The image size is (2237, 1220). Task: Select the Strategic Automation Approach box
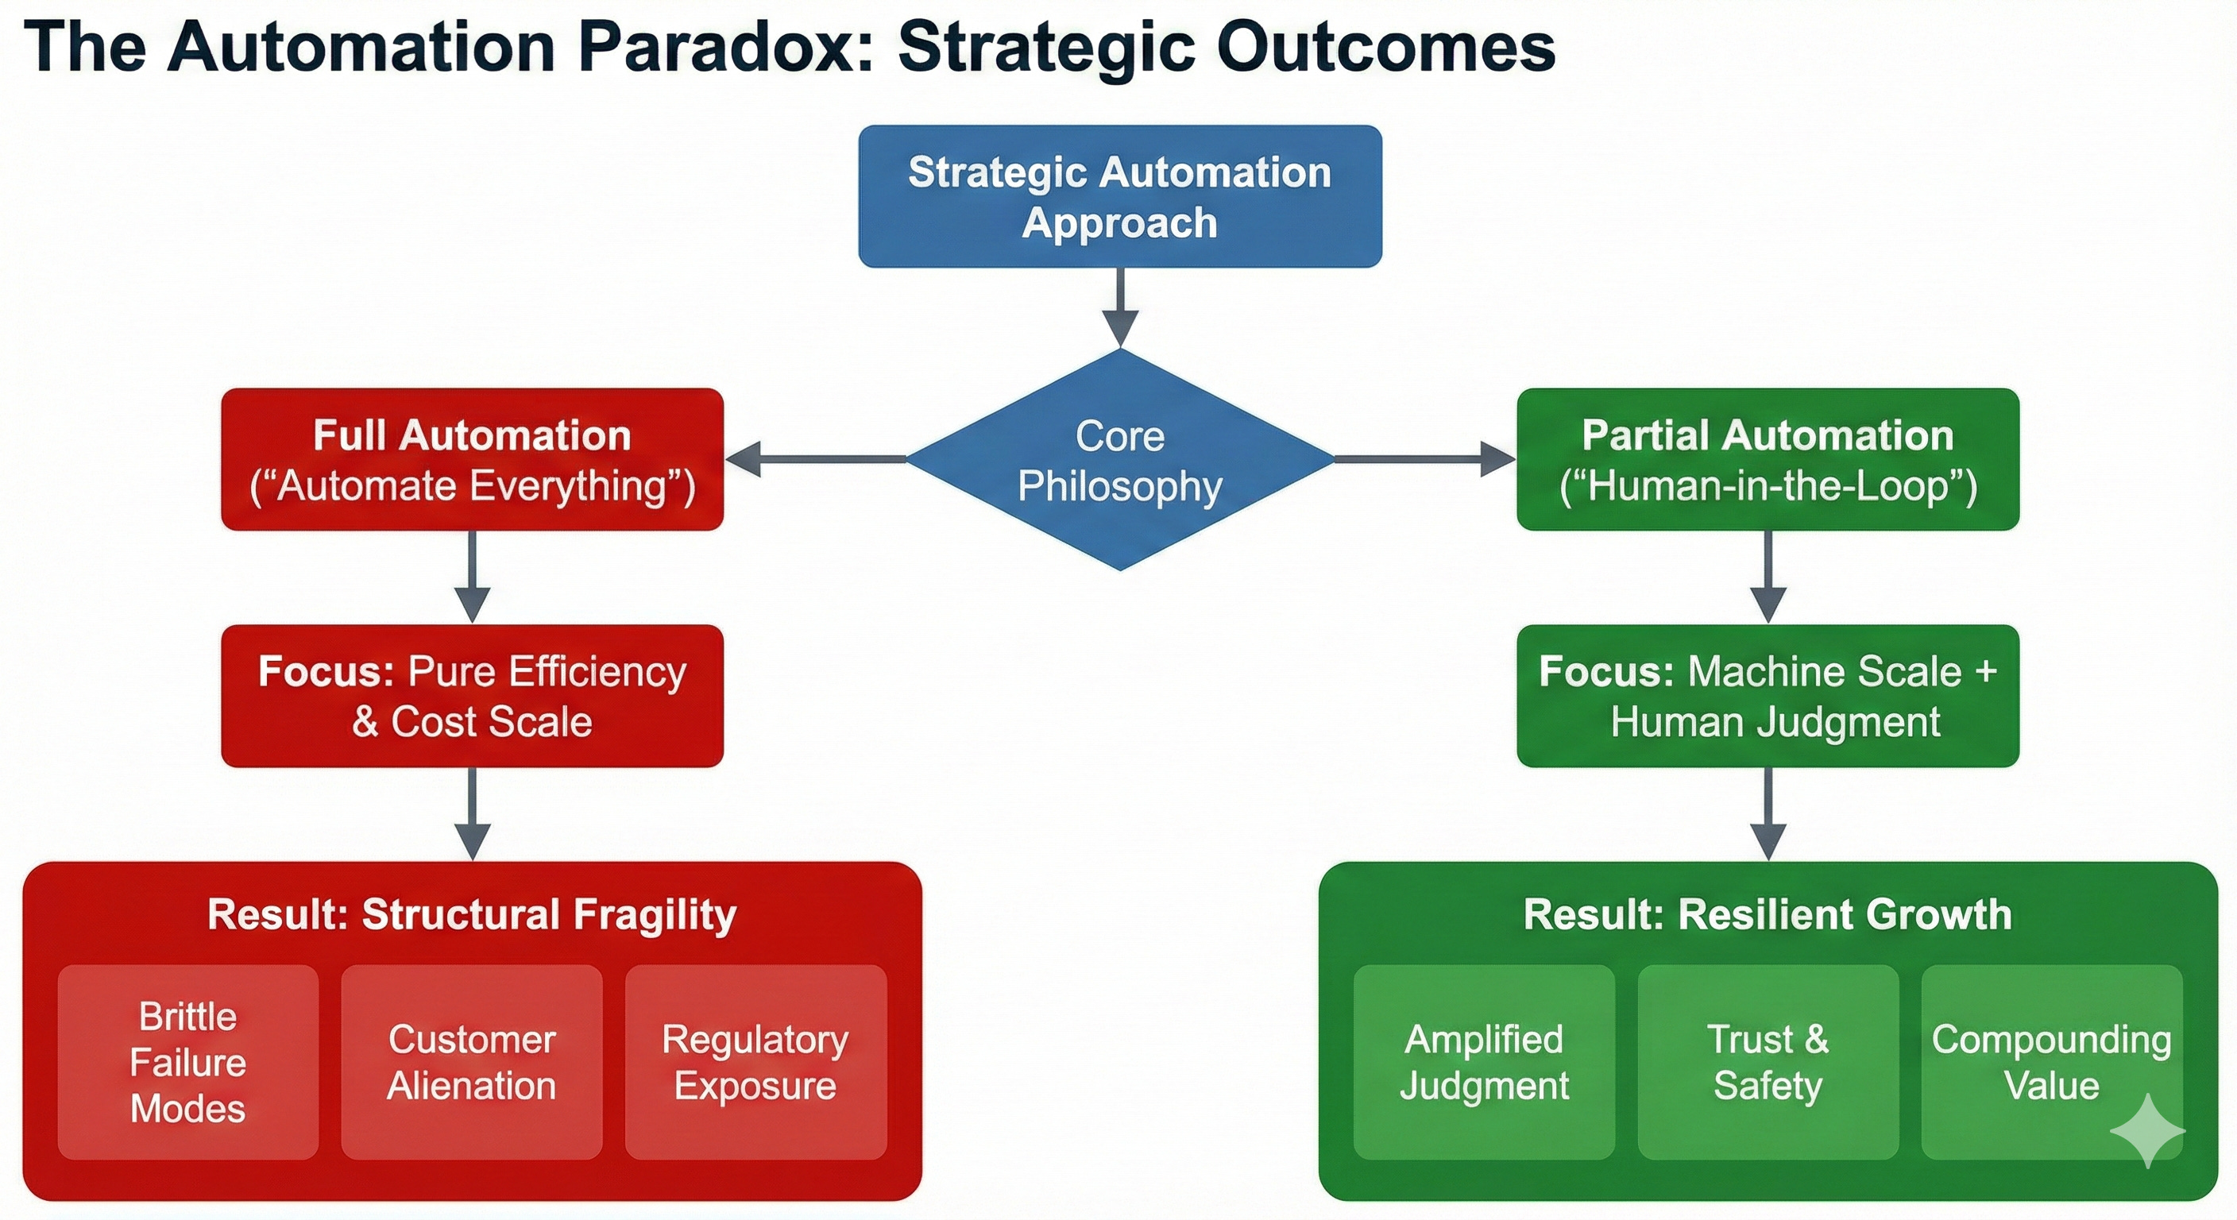(x=1119, y=196)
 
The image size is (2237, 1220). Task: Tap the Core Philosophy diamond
(x=1119, y=460)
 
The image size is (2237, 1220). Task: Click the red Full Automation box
(x=472, y=459)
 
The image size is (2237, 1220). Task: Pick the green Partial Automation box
(x=1768, y=459)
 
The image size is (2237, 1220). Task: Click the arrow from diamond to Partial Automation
(x=1424, y=458)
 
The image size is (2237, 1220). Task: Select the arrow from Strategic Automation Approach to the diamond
(x=1120, y=307)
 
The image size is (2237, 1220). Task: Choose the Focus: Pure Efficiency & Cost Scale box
(x=472, y=696)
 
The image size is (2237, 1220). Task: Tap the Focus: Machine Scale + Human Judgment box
(x=1768, y=696)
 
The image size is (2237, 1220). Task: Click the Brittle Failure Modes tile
(x=187, y=1062)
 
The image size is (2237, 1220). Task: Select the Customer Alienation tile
(x=472, y=1062)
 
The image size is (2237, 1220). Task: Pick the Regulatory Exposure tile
(x=755, y=1062)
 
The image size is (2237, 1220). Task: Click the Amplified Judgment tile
(x=1484, y=1062)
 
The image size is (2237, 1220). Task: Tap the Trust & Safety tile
(x=1768, y=1062)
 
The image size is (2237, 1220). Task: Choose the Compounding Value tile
(x=2051, y=1062)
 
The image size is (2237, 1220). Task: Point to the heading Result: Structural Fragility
(x=472, y=914)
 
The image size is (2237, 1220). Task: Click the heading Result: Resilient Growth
(x=1768, y=914)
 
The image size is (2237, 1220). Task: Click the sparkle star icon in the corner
(x=2147, y=1129)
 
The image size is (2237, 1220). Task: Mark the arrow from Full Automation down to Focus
(x=472, y=577)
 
